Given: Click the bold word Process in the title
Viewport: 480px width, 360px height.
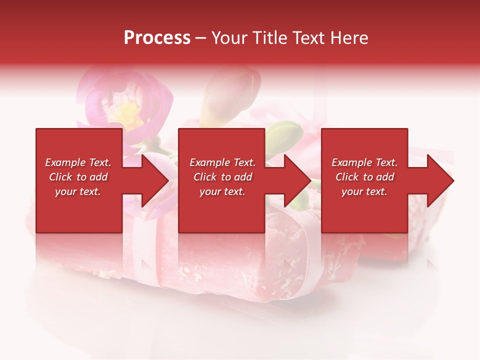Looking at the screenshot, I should (x=157, y=37).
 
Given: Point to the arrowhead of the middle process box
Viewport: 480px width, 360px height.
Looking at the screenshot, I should (x=297, y=180).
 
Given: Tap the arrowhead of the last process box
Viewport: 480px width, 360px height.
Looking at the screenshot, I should (x=440, y=180).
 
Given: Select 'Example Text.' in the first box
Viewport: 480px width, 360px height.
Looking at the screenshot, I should (x=78, y=162).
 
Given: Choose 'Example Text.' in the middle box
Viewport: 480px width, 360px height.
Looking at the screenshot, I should (x=222, y=162).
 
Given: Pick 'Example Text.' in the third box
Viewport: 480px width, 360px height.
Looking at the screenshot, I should (x=364, y=162).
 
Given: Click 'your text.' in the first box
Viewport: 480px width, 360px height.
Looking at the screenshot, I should (x=78, y=191).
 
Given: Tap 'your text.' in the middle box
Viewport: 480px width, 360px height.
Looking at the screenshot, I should (x=222, y=191).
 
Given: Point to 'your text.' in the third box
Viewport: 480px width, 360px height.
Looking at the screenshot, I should (x=364, y=191).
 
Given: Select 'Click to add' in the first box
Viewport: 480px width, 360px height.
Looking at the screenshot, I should (x=78, y=177).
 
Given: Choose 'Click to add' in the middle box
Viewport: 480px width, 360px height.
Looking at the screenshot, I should (x=222, y=177).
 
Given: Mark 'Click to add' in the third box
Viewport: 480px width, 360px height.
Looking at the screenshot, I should (x=364, y=177).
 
